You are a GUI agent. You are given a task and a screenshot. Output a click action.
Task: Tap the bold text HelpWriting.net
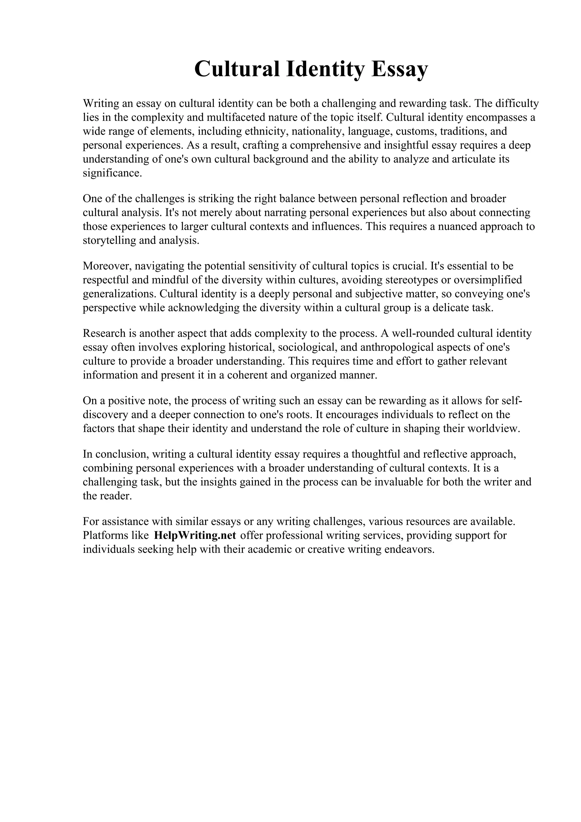195,535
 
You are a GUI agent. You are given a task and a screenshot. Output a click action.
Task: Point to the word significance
112,173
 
